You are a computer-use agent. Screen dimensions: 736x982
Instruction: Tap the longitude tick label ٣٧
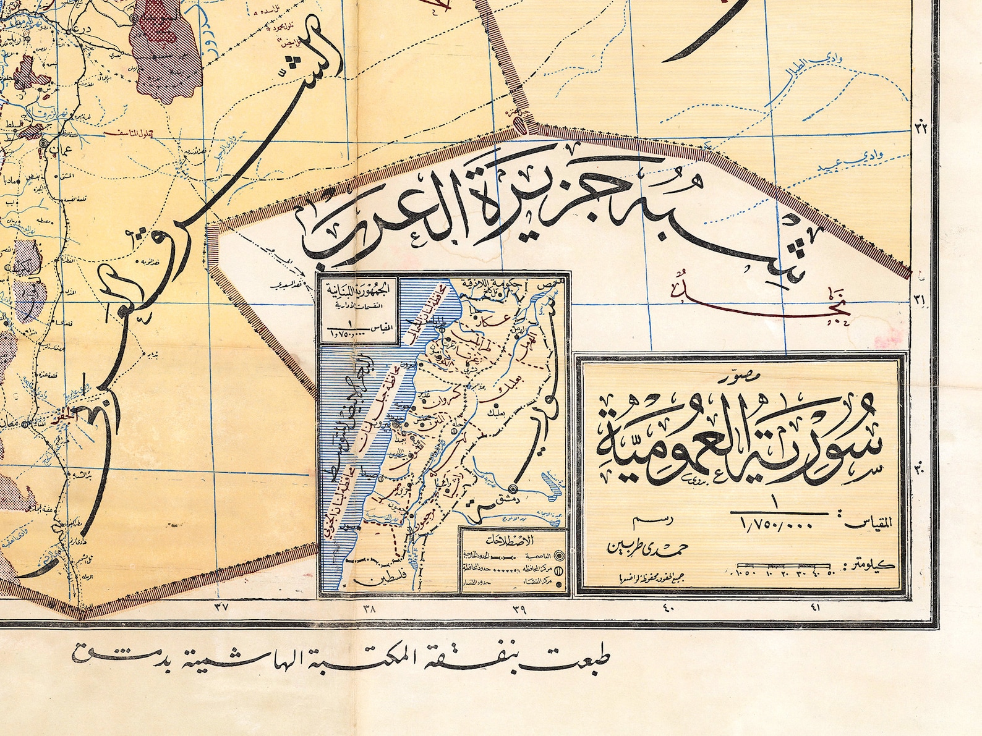pyautogui.click(x=221, y=607)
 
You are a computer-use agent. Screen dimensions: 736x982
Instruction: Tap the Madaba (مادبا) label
pyautogui.click(x=32, y=180)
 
